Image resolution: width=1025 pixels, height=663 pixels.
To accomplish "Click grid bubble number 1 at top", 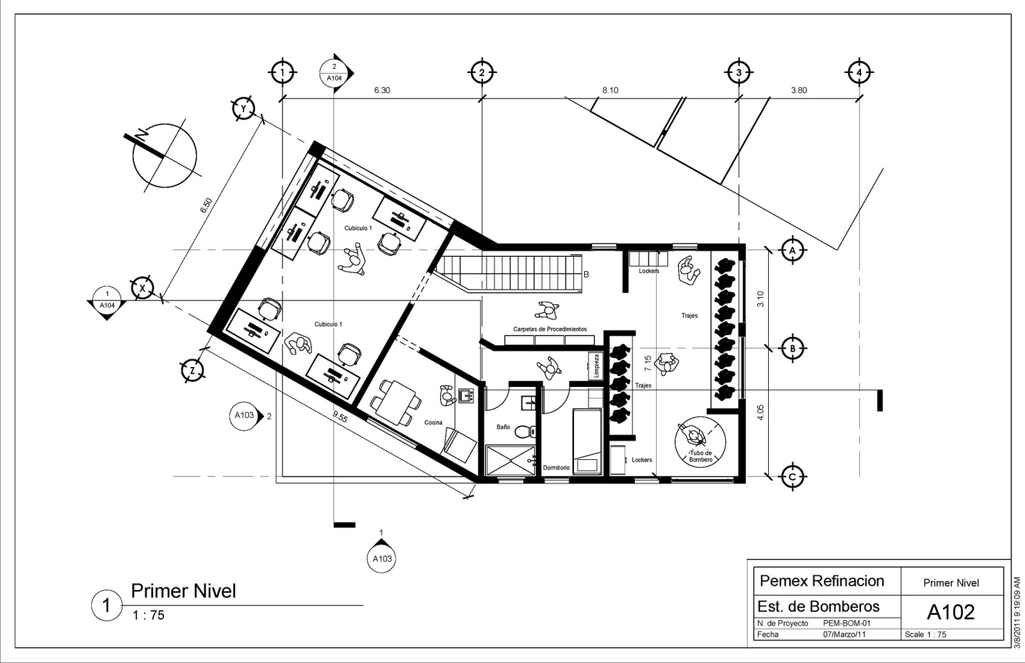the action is [x=283, y=72].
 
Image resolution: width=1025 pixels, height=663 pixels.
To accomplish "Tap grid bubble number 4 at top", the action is [x=859, y=72].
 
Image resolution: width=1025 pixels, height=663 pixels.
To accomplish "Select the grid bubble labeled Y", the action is [x=243, y=108].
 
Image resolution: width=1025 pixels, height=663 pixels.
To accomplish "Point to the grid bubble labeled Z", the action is [x=193, y=371].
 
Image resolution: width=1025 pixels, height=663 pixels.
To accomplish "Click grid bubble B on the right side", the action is [x=793, y=348].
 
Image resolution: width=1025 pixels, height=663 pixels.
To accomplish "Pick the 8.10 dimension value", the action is [x=610, y=90].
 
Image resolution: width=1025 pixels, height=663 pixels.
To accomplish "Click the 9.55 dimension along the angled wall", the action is [x=340, y=417].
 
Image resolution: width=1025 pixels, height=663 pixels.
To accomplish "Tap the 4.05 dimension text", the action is [x=760, y=412].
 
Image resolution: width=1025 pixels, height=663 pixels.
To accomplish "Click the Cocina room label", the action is [x=433, y=422].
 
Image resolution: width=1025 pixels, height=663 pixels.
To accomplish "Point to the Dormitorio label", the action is [x=557, y=468].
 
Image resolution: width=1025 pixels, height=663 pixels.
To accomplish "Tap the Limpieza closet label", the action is [x=596, y=366].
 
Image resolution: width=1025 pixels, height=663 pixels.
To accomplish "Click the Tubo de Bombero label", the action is [x=701, y=456].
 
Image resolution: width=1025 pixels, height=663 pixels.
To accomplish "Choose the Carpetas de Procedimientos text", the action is [x=550, y=329].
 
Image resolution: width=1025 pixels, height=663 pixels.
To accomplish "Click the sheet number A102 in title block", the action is [x=951, y=612].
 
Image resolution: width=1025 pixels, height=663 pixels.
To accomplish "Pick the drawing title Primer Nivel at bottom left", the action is [x=183, y=591].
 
